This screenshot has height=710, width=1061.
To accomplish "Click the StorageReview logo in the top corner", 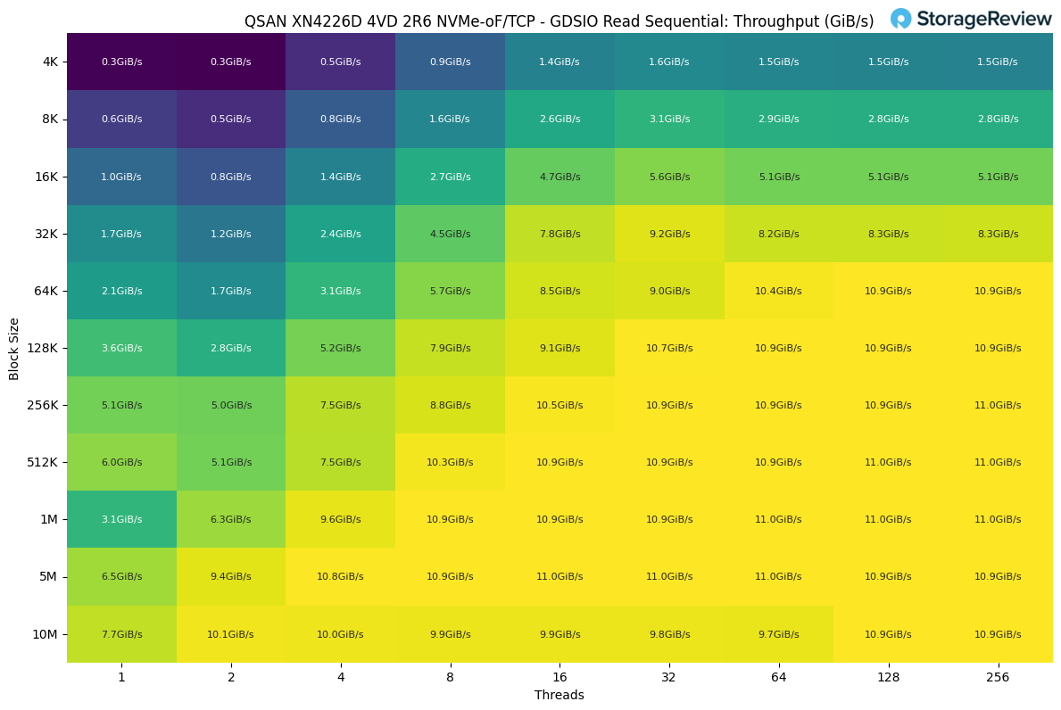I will click(971, 19).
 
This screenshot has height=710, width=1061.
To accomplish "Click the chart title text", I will click(559, 21).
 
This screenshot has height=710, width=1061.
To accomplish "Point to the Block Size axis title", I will click(14, 348).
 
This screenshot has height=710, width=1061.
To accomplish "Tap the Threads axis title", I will click(559, 695).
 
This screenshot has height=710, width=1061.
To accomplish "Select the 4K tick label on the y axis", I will click(49, 62).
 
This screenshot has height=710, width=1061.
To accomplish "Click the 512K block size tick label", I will click(43, 462).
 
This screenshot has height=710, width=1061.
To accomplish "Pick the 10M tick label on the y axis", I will click(45, 634).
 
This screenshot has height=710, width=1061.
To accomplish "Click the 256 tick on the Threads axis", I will click(998, 677).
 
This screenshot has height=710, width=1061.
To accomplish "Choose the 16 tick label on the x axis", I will click(560, 677).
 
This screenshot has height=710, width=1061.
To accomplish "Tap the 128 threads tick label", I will click(888, 677).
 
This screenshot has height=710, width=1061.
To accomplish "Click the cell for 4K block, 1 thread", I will click(121, 62).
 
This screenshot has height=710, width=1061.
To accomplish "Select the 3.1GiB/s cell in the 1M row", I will click(121, 519).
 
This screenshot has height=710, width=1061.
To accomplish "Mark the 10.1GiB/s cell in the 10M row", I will click(230, 634).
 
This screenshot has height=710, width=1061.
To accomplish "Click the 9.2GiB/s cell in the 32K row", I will click(669, 234).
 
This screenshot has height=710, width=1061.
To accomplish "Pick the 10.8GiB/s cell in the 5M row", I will click(340, 576).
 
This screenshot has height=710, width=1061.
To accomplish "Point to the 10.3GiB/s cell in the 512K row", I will click(450, 462).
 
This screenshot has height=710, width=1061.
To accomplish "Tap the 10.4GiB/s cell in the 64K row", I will click(778, 291).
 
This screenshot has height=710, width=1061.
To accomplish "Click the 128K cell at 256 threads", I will click(998, 348).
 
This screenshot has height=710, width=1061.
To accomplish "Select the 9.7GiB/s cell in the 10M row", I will click(778, 634).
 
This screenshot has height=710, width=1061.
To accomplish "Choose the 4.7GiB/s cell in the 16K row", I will click(560, 177).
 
